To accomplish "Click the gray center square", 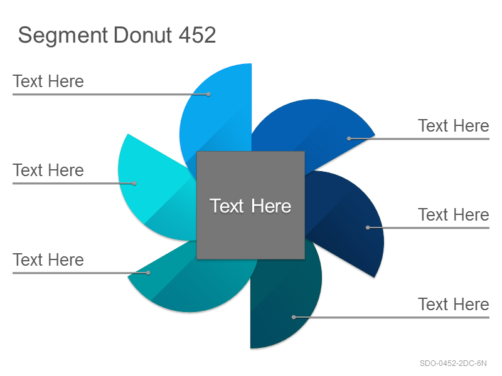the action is click(250, 206).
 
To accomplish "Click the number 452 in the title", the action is click(197, 35).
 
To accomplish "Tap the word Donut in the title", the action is click(143, 35).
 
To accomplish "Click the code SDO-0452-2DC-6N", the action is click(453, 363).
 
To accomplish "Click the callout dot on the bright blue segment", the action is click(208, 95).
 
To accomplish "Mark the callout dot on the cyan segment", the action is click(134, 183).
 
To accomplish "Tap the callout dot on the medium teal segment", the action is click(148, 273).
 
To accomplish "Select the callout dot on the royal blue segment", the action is click(349, 138).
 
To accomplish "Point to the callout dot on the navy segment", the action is click(368, 227).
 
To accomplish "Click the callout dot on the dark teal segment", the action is click(294, 317).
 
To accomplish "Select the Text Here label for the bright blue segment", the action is click(48, 81).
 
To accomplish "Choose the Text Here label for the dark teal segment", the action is click(454, 304).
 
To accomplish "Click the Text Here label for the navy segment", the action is click(454, 214).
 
